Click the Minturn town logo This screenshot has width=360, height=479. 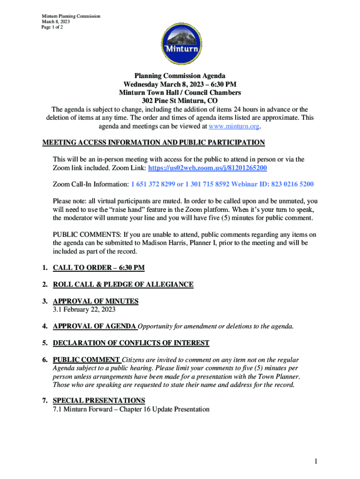[x=180, y=44]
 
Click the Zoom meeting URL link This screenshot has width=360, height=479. [x=208, y=167]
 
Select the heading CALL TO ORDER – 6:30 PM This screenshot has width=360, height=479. [x=99, y=268]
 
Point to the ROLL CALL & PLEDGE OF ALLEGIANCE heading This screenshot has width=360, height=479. [x=123, y=284]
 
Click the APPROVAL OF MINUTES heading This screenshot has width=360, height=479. [x=95, y=301]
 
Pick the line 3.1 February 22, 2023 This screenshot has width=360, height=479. [x=84, y=309]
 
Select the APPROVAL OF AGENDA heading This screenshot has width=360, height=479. [x=94, y=326]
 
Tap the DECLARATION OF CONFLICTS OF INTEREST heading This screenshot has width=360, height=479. [x=131, y=343]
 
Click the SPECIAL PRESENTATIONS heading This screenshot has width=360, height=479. [x=99, y=400]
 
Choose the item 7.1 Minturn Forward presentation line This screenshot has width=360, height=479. [x=131, y=409]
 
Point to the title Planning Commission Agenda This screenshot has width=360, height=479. [x=180, y=76]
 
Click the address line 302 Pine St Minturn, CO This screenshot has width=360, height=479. [x=180, y=101]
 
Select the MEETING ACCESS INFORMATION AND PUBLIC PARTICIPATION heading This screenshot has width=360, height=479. [x=154, y=143]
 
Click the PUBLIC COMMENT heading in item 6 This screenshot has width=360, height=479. [x=86, y=360]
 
